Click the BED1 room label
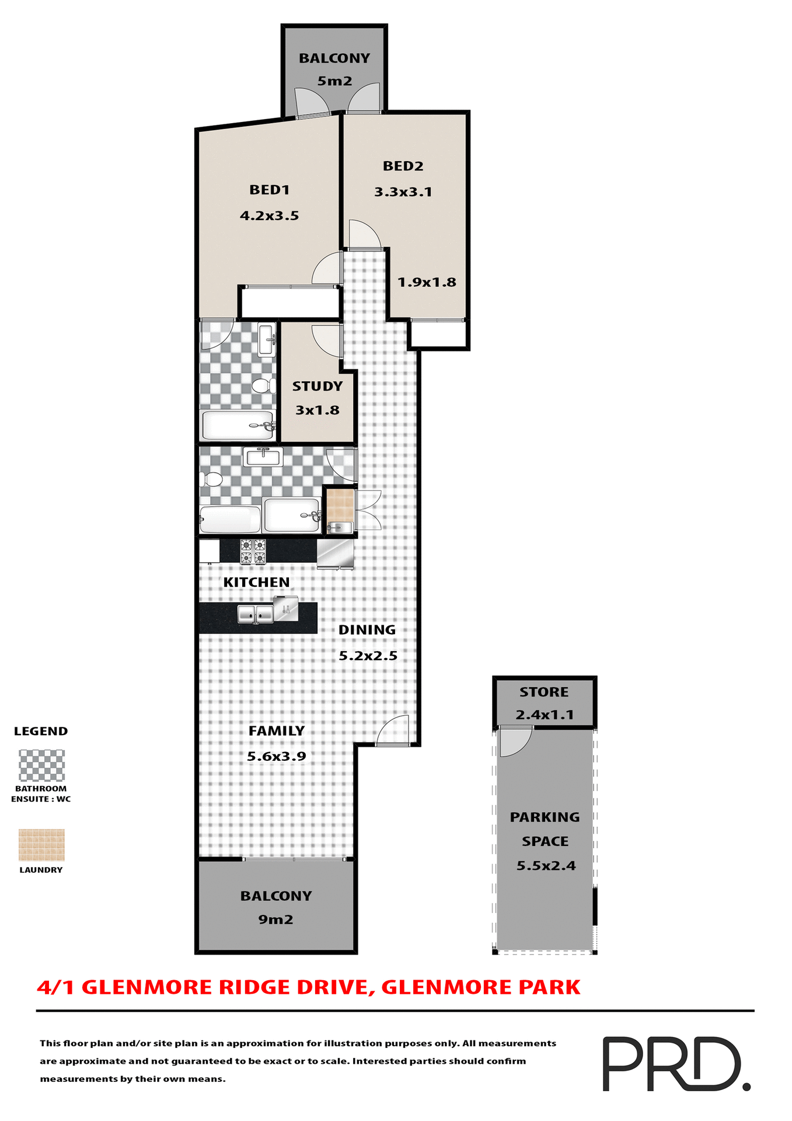click(x=269, y=190)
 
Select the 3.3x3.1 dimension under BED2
click(x=403, y=192)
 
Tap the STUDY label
click(x=317, y=387)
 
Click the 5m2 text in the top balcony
click(x=334, y=81)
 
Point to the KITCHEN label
click(x=256, y=582)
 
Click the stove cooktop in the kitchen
click(x=253, y=552)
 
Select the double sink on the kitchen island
click(x=256, y=614)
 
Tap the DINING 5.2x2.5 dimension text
click(x=368, y=656)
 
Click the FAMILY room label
click(x=277, y=731)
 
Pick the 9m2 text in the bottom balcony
click(x=275, y=920)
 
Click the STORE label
click(x=544, y=692)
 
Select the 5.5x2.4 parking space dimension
click(x=546, y=866)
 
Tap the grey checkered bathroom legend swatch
click(x=41, y=765)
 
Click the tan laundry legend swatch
click(x=41, y=845)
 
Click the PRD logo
click(x=675, y=1064)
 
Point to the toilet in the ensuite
click(x=263, y=385)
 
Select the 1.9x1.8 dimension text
click(x=427, y=283)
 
